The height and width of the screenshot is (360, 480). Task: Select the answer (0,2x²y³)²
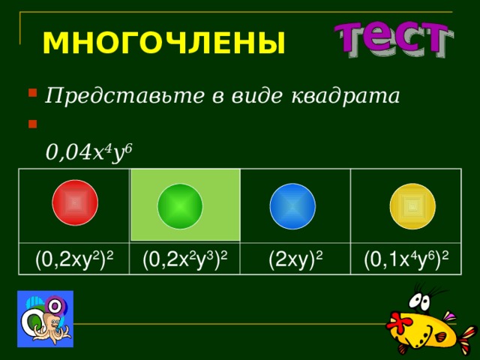[x=185, y=259]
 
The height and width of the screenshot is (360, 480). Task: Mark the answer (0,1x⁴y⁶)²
[x=406, y=259]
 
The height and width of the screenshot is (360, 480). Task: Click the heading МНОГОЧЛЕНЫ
[x=163, y=43]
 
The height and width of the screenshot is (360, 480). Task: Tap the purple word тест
[x=391, y=39]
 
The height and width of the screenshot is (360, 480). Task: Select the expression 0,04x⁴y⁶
[x=88, y=152]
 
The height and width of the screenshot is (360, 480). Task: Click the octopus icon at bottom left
[x=45, y=318]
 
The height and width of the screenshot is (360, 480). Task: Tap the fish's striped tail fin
[x=465, y=334]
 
